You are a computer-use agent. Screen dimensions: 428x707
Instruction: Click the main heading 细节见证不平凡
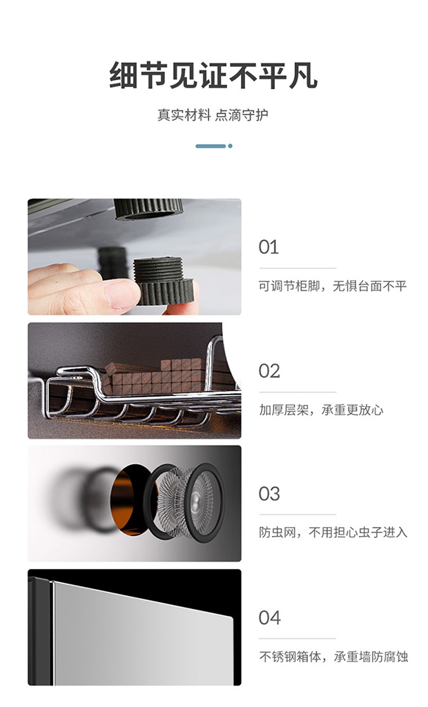pyautogui.click(x=213, y=75)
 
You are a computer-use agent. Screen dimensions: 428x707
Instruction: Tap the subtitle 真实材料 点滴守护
pyautogui.click(x=213, y=115)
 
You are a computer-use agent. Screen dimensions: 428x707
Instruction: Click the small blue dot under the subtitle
pyautogui.click(x=231, y=146)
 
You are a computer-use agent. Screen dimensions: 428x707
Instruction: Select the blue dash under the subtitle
pyautogui.click(x=211, y=146)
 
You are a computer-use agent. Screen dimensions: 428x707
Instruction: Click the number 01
pyautogui.click(x=269, y=247)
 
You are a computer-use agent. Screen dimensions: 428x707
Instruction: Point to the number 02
pyautogui.click(x=269, y=371)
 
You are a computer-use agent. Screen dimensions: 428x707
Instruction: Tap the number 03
pyautogui.click(x=269, y=494)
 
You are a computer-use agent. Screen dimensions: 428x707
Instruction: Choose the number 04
pyautogui.click(x=270, y=618)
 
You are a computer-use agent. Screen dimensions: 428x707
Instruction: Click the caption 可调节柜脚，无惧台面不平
pyautogui.click(x=333, y=286)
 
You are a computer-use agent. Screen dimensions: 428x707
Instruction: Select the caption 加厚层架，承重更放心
pyautogui.click(x=321, y=410)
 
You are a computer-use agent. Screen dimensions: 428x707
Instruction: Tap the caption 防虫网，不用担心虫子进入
pyautogui.click(x=333, y=532)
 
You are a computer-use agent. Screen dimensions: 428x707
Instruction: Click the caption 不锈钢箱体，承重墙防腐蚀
pyautogui.click(x=333, y=657)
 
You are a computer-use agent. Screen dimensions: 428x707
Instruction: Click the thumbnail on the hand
pyautogui.click(x=121, y=294)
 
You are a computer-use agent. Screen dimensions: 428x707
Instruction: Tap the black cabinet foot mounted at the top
pyautogui.click(x=148, y=209)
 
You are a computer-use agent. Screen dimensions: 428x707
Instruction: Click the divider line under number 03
pyautogui.click(x=298, y=515)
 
